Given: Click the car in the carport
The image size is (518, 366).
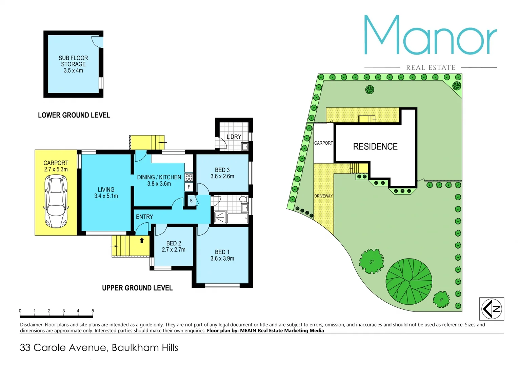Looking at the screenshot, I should tap(56, 201).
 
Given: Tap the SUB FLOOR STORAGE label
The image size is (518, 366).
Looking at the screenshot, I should tap(73, 64).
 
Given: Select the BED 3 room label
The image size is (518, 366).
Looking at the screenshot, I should tap(222, 173).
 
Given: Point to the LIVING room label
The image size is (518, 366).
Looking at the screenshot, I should tap(106, 192).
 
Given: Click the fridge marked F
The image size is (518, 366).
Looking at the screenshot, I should tap(189, 187).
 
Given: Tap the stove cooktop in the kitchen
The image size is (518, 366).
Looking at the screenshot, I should tap(189, 177).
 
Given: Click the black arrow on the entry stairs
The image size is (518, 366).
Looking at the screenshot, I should tap(142, 241).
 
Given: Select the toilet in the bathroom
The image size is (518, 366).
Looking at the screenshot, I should tap(243, 199).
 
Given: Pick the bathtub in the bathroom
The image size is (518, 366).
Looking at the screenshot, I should tap(237, 218).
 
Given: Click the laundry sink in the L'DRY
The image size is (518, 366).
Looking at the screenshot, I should tap(245, 147).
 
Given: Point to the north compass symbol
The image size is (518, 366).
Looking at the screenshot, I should tap(492, 309).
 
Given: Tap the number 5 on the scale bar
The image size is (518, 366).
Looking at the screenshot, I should tap(93, 311).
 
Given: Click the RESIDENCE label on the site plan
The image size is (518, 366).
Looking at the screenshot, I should tap(375, 146).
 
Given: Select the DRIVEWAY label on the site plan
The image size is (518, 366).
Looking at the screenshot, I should tap(323, 196).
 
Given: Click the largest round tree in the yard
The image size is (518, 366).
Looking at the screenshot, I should tap(409, 282).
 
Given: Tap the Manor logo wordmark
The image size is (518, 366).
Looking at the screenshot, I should tap(431, 36).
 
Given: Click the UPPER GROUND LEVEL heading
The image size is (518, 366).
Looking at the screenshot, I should tap(137, 288).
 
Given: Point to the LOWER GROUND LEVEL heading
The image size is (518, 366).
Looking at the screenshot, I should tap(74, 115).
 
